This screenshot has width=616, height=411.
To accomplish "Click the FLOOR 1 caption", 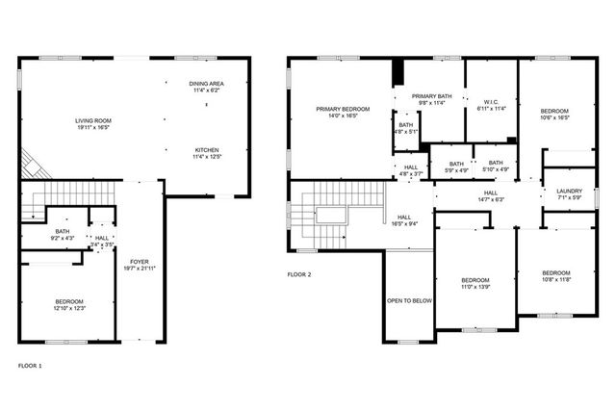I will (x=31, y=366).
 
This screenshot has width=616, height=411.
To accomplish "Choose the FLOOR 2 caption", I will (x=299, y=274).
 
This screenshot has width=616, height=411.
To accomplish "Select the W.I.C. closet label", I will (x=490, y=105).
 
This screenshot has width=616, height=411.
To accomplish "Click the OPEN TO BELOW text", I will (x=409, y=300).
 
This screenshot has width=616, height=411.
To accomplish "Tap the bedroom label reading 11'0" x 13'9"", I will (x=475, y=283).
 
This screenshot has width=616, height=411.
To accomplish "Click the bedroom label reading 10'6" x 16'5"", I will (x=552, y=114).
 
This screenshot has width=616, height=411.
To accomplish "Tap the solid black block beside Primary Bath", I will (x=395, y=73).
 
